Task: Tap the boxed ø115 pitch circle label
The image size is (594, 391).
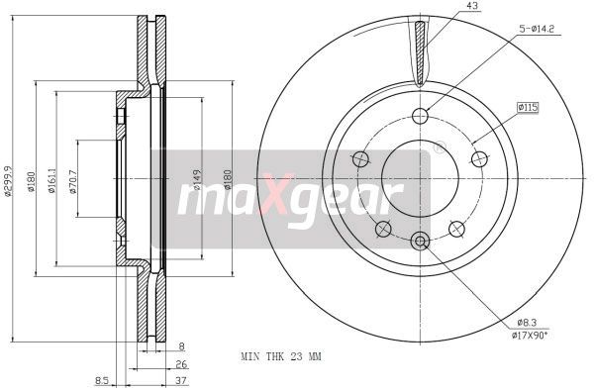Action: [529, 106]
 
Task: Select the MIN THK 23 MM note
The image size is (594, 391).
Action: [281, 354]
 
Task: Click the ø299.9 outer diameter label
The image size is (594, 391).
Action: [9, 195]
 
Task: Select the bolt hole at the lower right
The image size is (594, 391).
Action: [456, 229]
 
